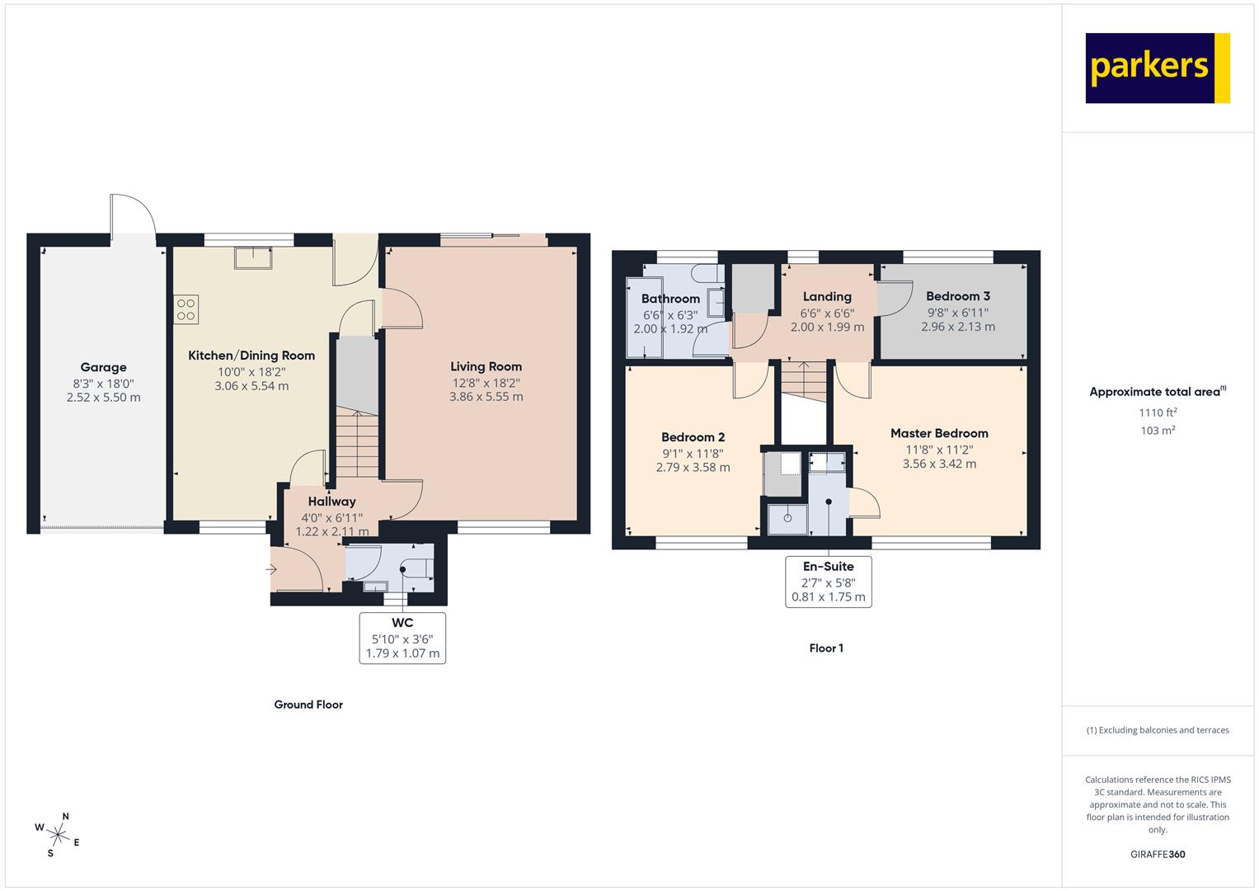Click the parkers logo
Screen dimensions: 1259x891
1158,68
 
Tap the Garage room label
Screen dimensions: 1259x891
103,367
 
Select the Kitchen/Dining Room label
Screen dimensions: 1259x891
251,356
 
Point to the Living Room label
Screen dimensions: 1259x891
486,367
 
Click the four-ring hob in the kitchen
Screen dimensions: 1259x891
186,309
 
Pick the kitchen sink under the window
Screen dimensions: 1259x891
253,257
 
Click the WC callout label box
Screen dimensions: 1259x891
402,639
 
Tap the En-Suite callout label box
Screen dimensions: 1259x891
829,582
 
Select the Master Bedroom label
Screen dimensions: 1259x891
939,434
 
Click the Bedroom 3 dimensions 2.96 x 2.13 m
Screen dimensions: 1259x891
958,327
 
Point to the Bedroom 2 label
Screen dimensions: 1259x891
693,437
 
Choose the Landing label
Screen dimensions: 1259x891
827,297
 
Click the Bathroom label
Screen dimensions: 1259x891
670,299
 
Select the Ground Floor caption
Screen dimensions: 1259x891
308,705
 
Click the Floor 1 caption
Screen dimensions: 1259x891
826,648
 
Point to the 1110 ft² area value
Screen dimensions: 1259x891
1158,412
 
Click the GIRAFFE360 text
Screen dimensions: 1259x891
1158,855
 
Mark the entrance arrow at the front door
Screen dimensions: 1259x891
271,570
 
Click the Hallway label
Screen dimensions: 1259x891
331,502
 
